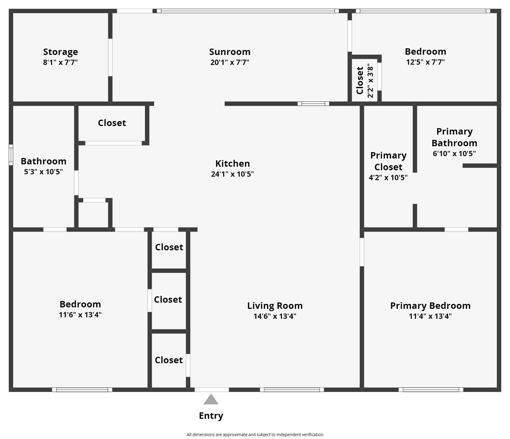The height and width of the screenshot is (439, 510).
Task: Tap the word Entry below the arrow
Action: coord(211,416)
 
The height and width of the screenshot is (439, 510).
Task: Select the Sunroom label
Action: coord(230,52)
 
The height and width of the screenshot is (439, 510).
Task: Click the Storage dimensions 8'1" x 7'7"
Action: coord(61,62)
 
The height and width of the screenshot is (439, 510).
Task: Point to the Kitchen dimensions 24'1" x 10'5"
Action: coord(232,174)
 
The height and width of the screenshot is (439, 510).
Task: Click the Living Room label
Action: coord(275,306)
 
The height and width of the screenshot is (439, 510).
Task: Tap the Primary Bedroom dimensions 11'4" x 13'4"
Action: coord(430,316)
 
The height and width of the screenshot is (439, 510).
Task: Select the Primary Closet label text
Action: coord(388,161)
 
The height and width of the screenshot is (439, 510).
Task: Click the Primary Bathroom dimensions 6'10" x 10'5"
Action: coord(454,154)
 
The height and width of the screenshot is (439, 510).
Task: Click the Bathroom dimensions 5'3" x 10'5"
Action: coord(43,172)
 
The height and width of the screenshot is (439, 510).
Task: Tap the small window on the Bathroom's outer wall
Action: coord(11,155)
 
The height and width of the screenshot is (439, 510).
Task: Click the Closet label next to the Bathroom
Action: coord(112,123)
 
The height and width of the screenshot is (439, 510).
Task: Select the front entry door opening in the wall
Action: coord(212,390)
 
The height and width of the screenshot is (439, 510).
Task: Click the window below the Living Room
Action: coord(292,390)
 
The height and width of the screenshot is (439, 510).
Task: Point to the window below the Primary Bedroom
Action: coord(431,390)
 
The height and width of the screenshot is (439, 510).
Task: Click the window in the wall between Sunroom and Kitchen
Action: coord(313,104)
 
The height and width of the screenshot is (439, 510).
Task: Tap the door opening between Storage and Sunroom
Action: coord(110,57)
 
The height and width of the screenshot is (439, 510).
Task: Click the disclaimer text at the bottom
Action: coord(255,435)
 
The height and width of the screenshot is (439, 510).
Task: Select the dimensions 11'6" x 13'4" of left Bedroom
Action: coord(80,315)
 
